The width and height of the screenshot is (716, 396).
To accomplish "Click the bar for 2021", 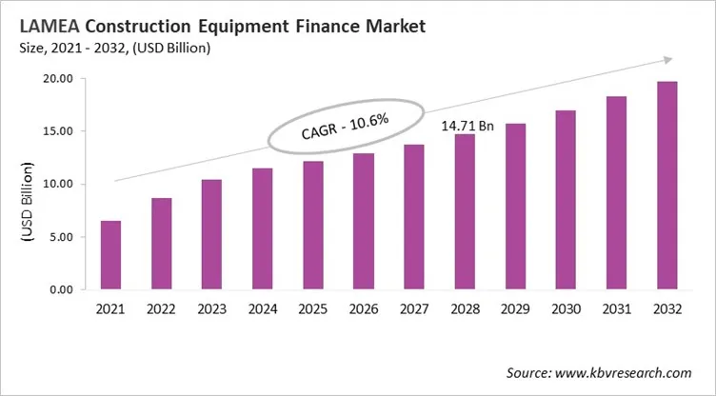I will [110, 255].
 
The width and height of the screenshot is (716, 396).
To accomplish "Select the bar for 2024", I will [262, 228].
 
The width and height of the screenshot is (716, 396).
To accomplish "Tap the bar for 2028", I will [464, 211].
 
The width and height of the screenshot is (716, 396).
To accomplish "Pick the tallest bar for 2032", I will [666, 186].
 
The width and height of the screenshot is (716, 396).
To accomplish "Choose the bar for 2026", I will [363, 221].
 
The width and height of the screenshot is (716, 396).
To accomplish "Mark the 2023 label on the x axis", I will [211, 308].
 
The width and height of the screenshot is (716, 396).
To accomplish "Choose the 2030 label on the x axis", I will [566, 308].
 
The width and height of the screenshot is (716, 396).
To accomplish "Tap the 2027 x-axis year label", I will [414, 308].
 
